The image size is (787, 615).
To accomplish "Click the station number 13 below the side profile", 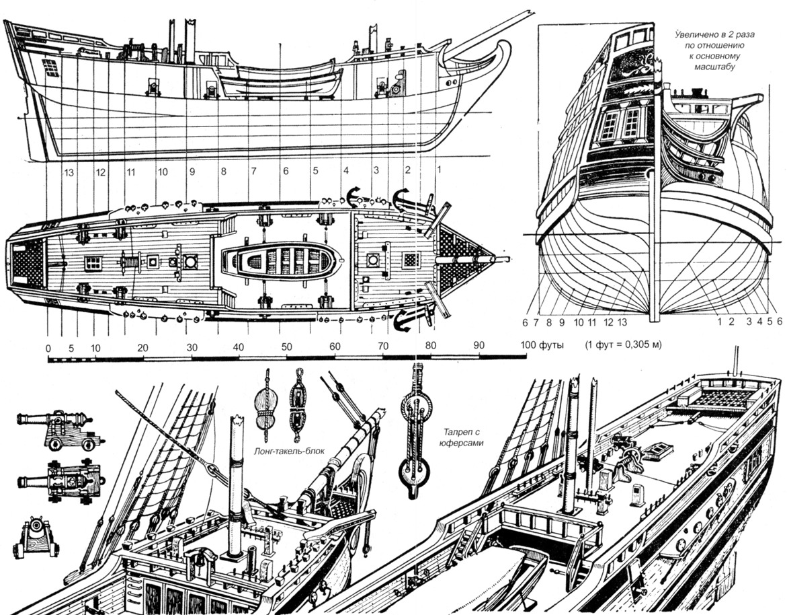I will click(x=68, y=172).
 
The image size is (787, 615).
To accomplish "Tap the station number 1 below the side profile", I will click(x=438, y=171).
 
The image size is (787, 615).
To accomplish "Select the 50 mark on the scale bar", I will click(x=287, y=347).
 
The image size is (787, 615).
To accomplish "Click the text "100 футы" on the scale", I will click(x=543, y=345).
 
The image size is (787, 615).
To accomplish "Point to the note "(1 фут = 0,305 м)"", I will click(x=623, y=345).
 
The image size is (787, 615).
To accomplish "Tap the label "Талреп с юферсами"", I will click(x=464, y=438).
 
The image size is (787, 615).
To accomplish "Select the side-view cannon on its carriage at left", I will click(x=59, y=430).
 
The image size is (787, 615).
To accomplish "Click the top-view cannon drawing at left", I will click(x=60, y=480).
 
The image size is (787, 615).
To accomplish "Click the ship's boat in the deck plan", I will click(x=280, y=259).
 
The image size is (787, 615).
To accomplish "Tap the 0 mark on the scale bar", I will click(x=48, y=348).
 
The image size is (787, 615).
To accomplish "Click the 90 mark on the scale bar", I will click(x=479, y=346).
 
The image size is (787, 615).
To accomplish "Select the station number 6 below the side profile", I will click(x=286, y=172).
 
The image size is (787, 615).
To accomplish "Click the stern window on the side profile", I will click(x=50, y=68).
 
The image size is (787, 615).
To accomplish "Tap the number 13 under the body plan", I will click(x=623, y=322).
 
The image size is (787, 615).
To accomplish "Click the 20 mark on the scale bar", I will click(x=143, y=347).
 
